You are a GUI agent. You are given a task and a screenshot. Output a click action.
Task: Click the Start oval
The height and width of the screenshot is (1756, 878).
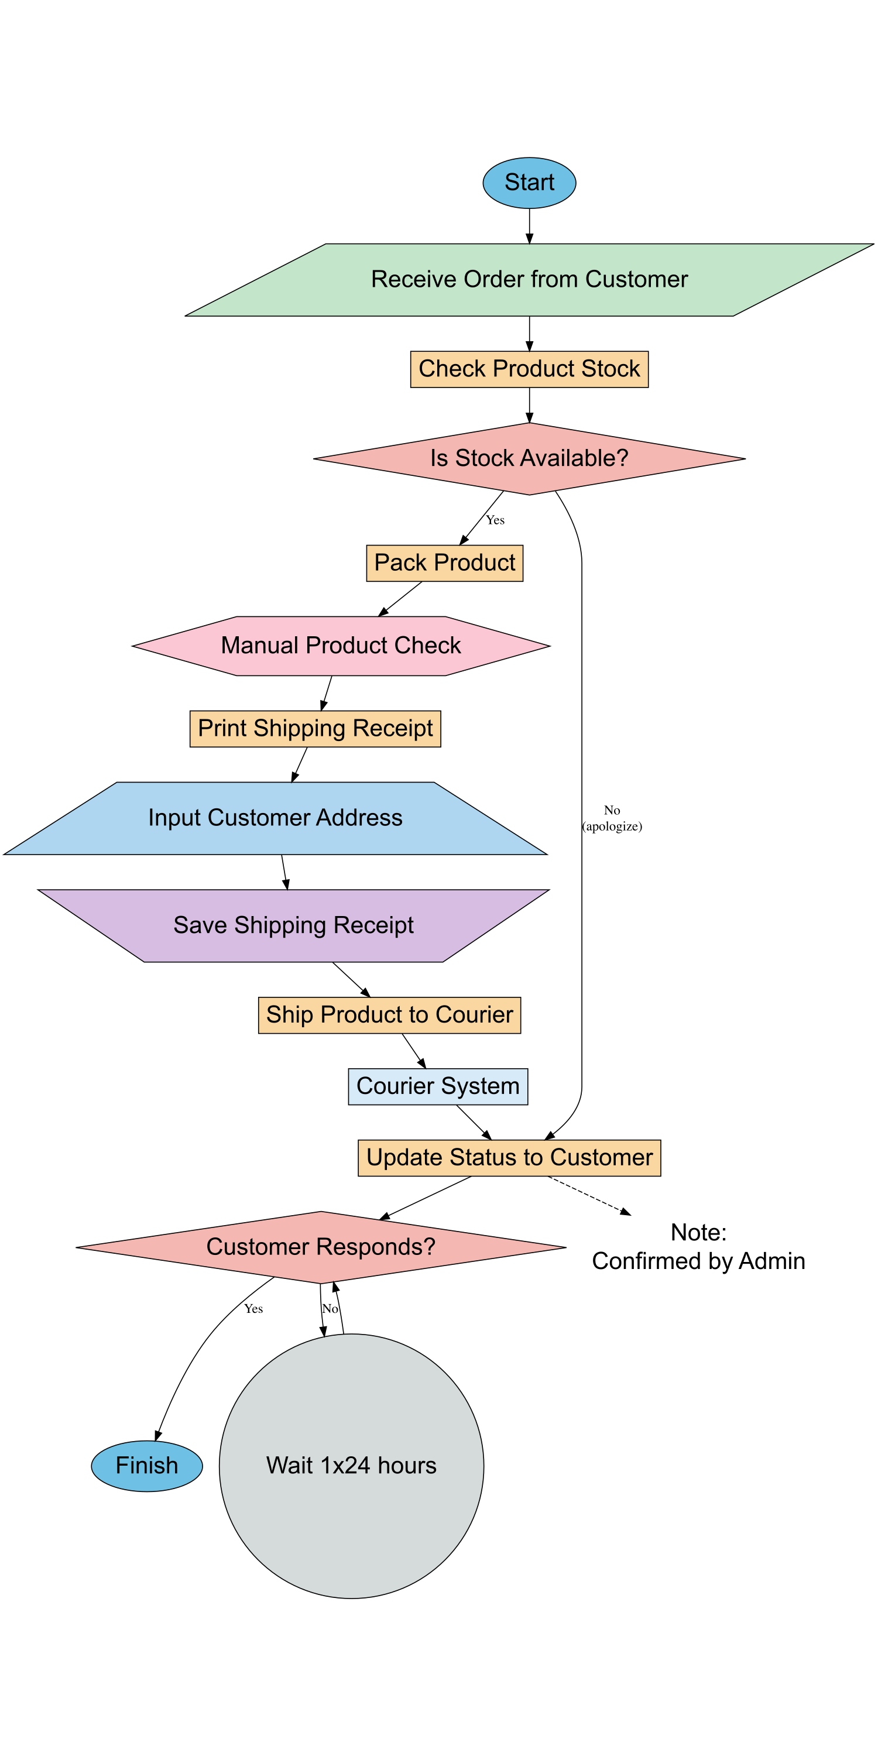(529, 183)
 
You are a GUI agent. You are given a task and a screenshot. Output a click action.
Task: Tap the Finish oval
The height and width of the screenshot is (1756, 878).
(146, 1466)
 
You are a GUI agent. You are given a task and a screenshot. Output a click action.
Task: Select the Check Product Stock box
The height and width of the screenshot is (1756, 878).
(529, 369)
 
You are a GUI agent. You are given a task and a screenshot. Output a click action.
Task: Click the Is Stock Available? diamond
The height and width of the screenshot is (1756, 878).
(529, 459)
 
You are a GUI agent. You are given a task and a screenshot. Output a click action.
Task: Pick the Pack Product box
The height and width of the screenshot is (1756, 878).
(444, 563)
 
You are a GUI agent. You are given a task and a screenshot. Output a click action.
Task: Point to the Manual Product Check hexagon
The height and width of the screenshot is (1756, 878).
(341, 646)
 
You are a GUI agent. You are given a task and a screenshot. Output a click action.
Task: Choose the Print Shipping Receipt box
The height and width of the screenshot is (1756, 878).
(315, 729)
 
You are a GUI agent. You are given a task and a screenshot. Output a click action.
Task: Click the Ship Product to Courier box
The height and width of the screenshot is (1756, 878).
(389, 1015)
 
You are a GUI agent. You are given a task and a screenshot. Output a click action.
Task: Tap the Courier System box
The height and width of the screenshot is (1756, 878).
(438, 1086)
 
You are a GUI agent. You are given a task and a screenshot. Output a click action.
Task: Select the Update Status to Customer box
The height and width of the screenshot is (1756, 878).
(509, 1157)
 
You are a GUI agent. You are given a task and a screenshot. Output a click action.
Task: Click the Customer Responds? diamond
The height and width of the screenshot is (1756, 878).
(320, 1247)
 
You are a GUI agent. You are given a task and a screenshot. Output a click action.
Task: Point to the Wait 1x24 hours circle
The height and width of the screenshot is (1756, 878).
(351, 1466)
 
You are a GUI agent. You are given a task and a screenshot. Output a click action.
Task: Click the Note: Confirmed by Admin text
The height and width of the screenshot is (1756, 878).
(698, 1247)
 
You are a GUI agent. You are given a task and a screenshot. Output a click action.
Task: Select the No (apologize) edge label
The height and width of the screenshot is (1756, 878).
(612, 818)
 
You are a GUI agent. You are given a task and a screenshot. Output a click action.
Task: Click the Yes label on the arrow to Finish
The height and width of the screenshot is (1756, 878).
(253, 1309)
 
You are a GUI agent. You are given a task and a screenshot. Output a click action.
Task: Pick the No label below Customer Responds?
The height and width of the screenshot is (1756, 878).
(330, 1309)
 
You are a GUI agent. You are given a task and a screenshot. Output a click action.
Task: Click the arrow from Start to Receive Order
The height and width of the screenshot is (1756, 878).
(529, 225)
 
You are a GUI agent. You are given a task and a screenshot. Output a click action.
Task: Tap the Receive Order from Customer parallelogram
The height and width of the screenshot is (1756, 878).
(529, 279)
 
